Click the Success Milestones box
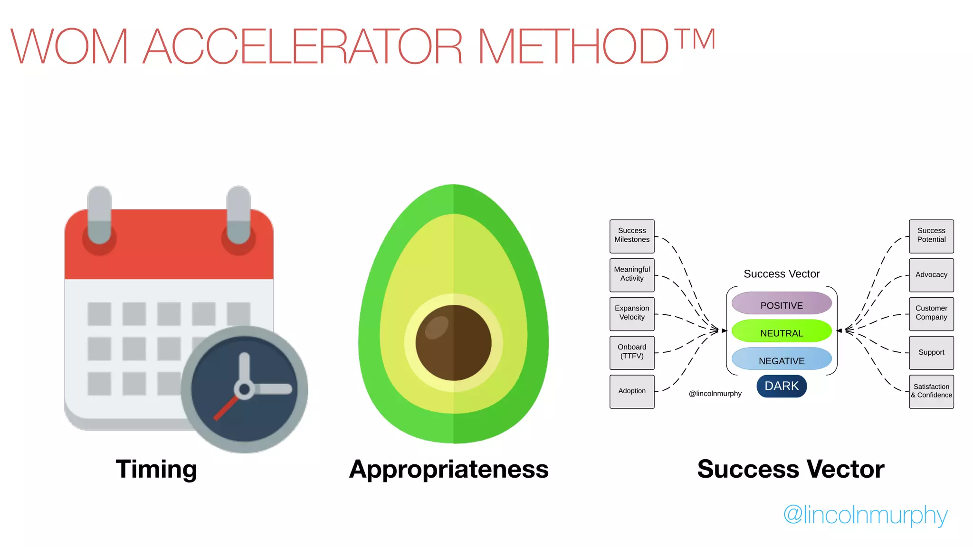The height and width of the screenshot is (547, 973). click(x=632, y=236)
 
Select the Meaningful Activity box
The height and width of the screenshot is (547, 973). click(x=632, y=275)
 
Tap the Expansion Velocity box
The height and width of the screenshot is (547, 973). click(x=632, y=314)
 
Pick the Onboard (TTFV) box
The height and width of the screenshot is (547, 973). click(x=632, y=353)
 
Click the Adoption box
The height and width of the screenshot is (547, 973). click(x=632, y=392)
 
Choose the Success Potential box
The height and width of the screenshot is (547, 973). click(x=931, y=236)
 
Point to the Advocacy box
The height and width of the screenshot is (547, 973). click(x=931, y=275)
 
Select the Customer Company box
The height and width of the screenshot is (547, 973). click(x=931, y=314)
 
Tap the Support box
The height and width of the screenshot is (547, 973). click(x=931, y=353)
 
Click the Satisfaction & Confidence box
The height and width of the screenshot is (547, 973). click(x=931, y=392)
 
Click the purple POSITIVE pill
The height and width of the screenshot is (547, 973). click(x=782, y=303)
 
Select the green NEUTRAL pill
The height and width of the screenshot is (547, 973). click(x=782, y=331)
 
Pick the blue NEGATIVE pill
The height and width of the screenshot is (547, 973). click(x=782, y=359)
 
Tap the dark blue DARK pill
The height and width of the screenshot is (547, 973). click(x=782, y=386)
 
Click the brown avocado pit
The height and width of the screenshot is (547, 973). click(x=453, y=342)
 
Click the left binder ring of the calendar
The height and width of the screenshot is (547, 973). click(x=99, y=216)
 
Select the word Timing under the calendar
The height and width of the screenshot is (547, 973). click(x=156, y=469)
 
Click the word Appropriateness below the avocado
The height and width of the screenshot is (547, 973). click(x=449, y=469)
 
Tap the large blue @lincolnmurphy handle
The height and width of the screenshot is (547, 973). click(x=865, y=516)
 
